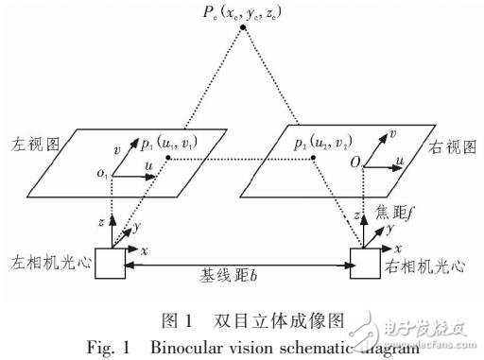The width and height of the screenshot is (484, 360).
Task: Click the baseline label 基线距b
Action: (243, 280)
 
